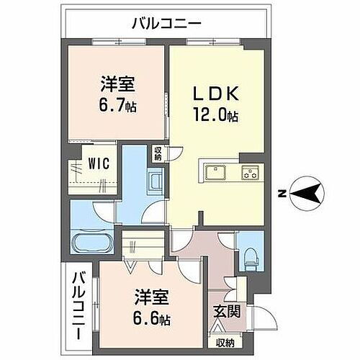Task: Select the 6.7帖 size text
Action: pyautogui.click(x=118, y=106)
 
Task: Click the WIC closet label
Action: pyautogui.click(x=99, y=163)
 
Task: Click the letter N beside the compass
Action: pyautogui.click(x=283, y=193)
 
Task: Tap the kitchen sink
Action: pyautogui.click(x=215, y=171)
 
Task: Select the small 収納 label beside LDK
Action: pyautogui.click(x=158, y=153)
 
